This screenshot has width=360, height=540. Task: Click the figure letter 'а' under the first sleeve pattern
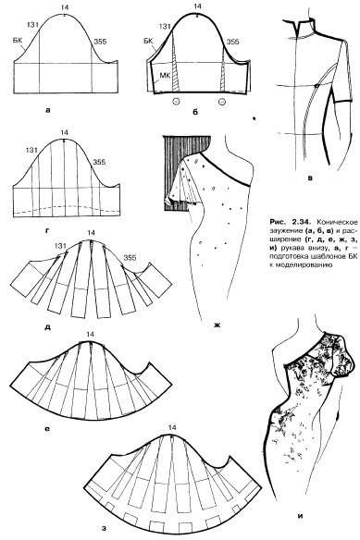tap(47, 110)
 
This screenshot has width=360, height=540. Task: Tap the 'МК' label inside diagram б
tap(165, 76)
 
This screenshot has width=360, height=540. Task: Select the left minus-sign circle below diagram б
tap(176, 102)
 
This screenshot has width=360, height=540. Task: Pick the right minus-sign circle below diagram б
tap(222, 102)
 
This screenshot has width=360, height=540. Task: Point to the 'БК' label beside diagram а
tap(19, 40)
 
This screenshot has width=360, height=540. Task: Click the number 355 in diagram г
tap(99, 162)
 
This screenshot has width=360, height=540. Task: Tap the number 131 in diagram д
tap(60, 246)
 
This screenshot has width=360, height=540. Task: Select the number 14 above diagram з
tap(172, 428)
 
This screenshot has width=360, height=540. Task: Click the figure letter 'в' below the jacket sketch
tap(310, 178)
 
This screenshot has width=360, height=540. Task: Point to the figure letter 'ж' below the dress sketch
tap(217, 325)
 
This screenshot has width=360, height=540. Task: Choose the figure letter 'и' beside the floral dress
tap(301, 516)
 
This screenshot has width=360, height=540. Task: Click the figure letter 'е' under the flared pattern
tap(47, 429)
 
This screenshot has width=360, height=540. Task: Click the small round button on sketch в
tap(316, 85)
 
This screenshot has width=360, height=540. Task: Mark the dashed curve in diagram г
tap(67, 208)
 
